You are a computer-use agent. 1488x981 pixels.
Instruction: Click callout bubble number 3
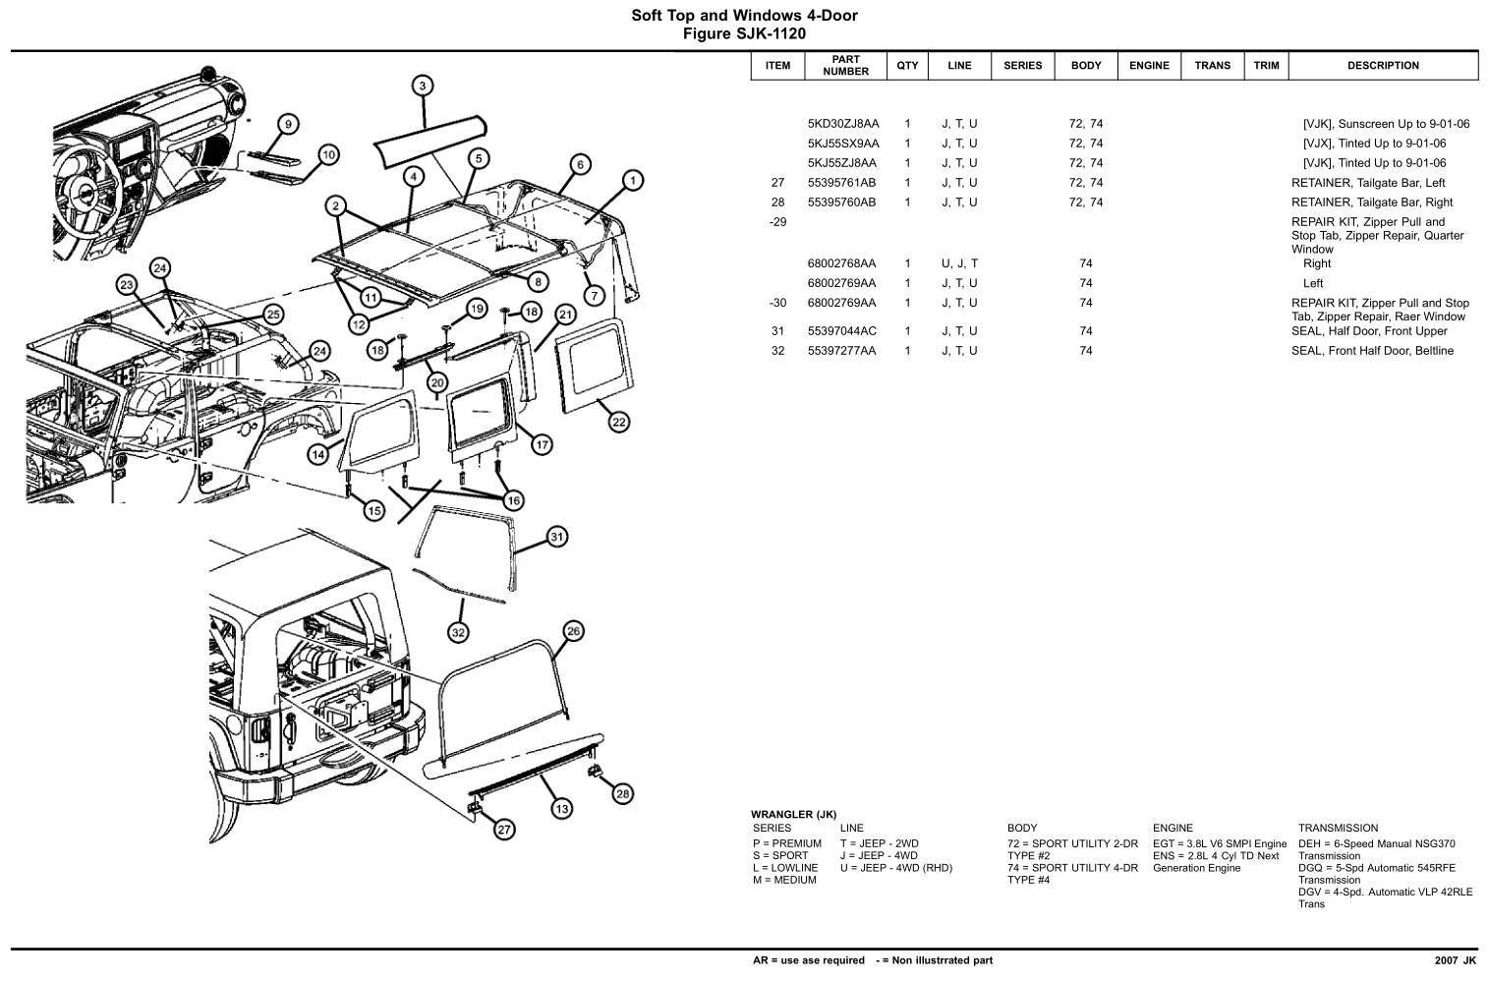click(x=422, y=86)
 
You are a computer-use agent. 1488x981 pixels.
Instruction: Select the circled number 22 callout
click(x=618, y=422)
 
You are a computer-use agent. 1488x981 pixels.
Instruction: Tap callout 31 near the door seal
click(x=556, y=537)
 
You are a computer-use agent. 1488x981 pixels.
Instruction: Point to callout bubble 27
click(x=503, y=830)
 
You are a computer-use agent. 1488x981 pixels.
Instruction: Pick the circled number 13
click(x=560, y=808)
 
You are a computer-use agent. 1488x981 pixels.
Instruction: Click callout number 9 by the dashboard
click(x=287, y=124)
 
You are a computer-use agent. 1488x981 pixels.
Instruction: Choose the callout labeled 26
click(x=573, y=631)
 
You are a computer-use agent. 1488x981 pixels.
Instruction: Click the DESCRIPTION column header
click(x=1382, y=66)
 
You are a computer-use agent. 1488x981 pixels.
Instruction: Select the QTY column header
click(x=907, y=66)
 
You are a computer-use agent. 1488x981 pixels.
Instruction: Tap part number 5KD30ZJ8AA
click(x=842, y=124)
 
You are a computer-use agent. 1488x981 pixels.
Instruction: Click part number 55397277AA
click(x=841, y=351)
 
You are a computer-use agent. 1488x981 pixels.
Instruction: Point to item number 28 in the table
click(x=777, y=202)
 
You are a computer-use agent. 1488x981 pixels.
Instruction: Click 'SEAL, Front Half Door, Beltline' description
click(x=1371, y=351)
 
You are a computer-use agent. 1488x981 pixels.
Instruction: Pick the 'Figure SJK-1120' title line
click(x=744, y=33)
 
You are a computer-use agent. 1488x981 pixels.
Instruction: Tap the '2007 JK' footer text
click(x=1455, y=960)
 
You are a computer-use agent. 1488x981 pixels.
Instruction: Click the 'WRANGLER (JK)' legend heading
click(x=793, y=814)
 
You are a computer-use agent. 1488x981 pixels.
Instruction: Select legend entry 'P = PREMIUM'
click(x=786, y=843)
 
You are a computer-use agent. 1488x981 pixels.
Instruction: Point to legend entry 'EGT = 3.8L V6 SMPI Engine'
click(x=1219, y=843)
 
